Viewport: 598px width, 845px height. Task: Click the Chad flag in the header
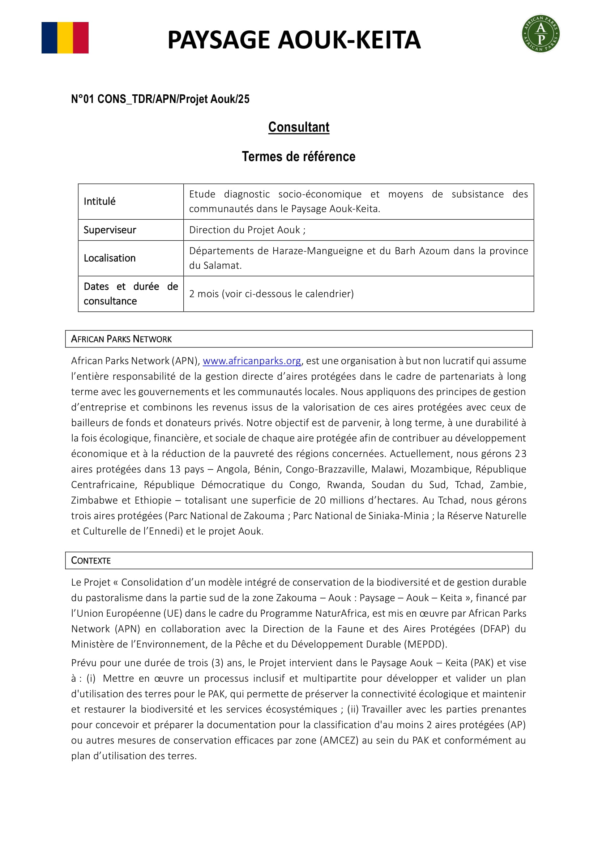[65, 38]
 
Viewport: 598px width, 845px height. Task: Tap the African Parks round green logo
[541, 34]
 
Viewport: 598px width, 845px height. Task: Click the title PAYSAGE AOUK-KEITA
[294, 40]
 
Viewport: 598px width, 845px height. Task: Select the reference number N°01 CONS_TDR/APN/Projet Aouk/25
[160, 99]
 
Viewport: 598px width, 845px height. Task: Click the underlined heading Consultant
[299, 127]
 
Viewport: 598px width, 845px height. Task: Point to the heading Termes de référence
[298, 156]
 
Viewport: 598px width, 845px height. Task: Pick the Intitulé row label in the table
[99, 201]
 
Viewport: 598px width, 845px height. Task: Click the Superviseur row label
[110, 230]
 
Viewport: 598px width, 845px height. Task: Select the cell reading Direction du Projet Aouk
[247, 230]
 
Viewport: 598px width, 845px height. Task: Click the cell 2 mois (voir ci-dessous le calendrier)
[272, 294]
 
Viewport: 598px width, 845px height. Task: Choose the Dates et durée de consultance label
[131, 294]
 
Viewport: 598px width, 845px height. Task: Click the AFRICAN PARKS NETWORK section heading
[121, 339]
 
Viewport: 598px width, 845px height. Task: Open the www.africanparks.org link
[252, 361]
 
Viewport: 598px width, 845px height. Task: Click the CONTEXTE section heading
[91, 561]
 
